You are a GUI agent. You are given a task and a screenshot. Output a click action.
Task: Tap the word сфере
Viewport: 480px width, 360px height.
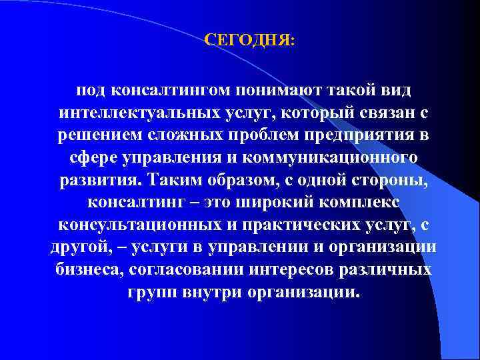[91, 158]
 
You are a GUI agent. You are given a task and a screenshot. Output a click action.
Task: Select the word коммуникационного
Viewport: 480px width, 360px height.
[323, 158]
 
